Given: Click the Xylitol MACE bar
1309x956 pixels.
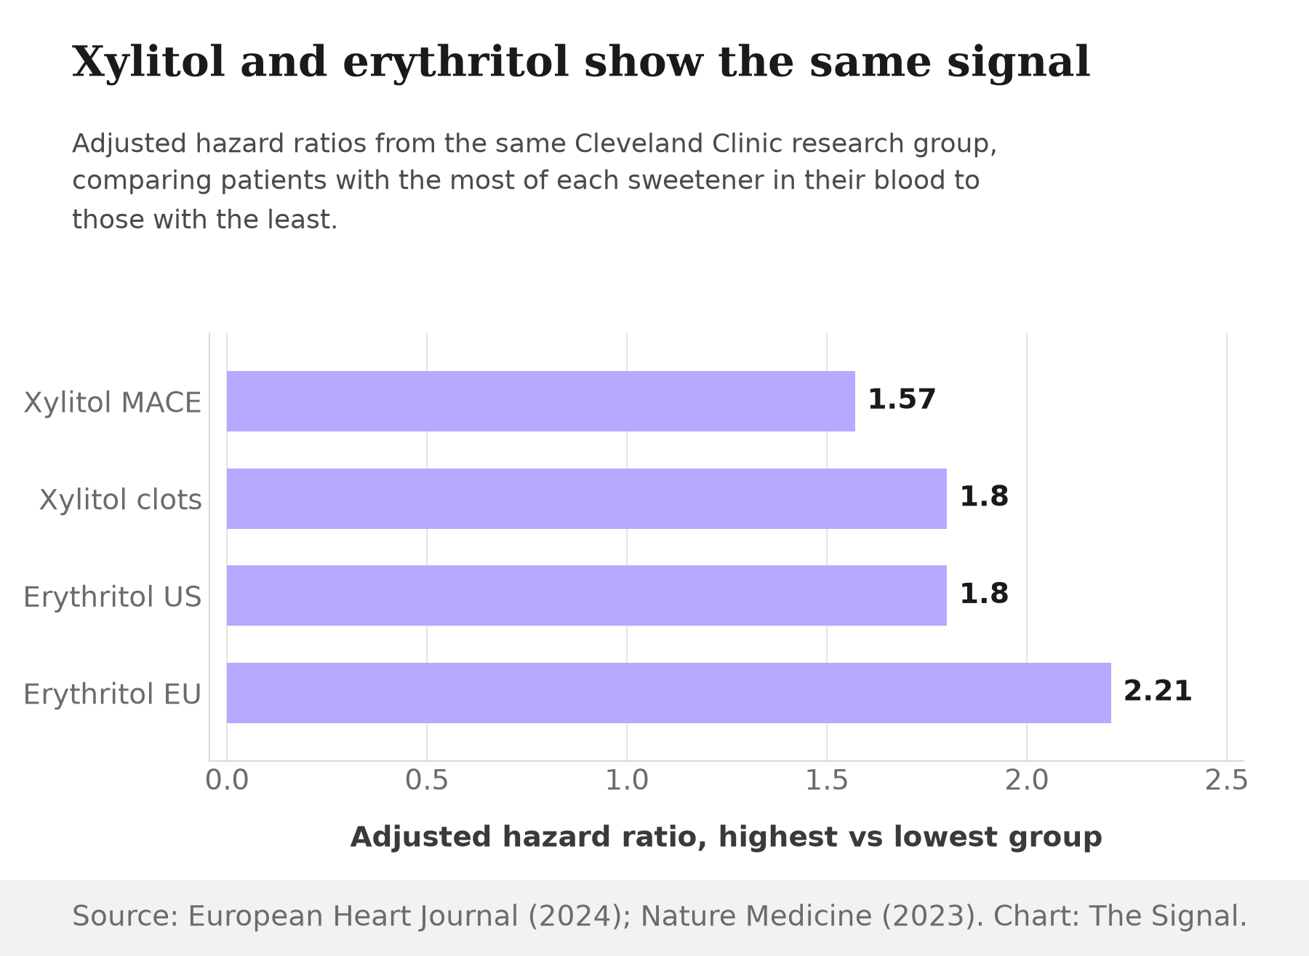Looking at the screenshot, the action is (541, 401).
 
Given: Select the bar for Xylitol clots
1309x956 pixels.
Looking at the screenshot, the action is (587, 498).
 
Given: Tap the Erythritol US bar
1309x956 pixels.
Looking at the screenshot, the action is (587, 595).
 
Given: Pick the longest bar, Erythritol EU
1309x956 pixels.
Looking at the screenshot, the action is (669, 693).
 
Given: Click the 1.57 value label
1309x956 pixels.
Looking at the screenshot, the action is (902, 399).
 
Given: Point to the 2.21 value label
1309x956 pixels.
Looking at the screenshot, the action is (1158, 691).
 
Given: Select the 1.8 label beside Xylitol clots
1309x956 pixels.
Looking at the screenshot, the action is (984, 497).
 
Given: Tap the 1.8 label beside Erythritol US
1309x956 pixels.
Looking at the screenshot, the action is (984, 594).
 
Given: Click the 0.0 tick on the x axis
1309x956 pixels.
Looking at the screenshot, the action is (227, 781).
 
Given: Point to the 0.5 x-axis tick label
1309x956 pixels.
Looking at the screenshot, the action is (427, 781).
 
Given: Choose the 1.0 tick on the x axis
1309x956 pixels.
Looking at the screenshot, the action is (627, 781).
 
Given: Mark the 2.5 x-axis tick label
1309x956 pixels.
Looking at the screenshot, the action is (1227, 781).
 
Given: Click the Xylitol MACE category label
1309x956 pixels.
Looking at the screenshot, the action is (113, 402).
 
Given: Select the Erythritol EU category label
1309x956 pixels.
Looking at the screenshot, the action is (113, 694).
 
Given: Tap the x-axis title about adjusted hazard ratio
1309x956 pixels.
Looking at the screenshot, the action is (726, 837).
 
